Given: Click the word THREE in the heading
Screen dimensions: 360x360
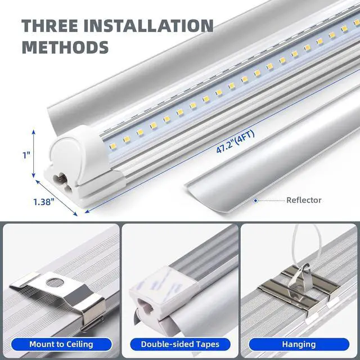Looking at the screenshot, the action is [50, 25].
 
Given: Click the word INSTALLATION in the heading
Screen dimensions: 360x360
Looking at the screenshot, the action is [148, 25].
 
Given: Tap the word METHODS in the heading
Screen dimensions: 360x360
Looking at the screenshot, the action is [65, 47].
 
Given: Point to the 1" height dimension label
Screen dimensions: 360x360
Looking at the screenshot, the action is [26, 155].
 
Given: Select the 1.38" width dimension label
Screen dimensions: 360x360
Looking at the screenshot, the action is [44, 202].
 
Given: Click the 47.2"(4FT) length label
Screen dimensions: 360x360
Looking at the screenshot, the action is [236, 141].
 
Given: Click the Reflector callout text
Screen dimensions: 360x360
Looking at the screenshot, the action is [304, 200].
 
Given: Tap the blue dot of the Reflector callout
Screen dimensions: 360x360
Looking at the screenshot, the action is [255, 201].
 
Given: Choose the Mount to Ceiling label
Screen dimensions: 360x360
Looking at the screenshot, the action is [61, 344].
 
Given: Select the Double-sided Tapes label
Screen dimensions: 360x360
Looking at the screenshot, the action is [180, 344].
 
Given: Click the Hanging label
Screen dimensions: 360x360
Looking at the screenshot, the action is [299, 344].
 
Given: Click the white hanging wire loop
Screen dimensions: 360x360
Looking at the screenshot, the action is [306, 244].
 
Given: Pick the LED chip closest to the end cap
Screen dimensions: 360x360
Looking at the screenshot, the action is [112, 146].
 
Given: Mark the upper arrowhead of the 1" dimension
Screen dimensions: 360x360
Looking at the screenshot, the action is [34, 132].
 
